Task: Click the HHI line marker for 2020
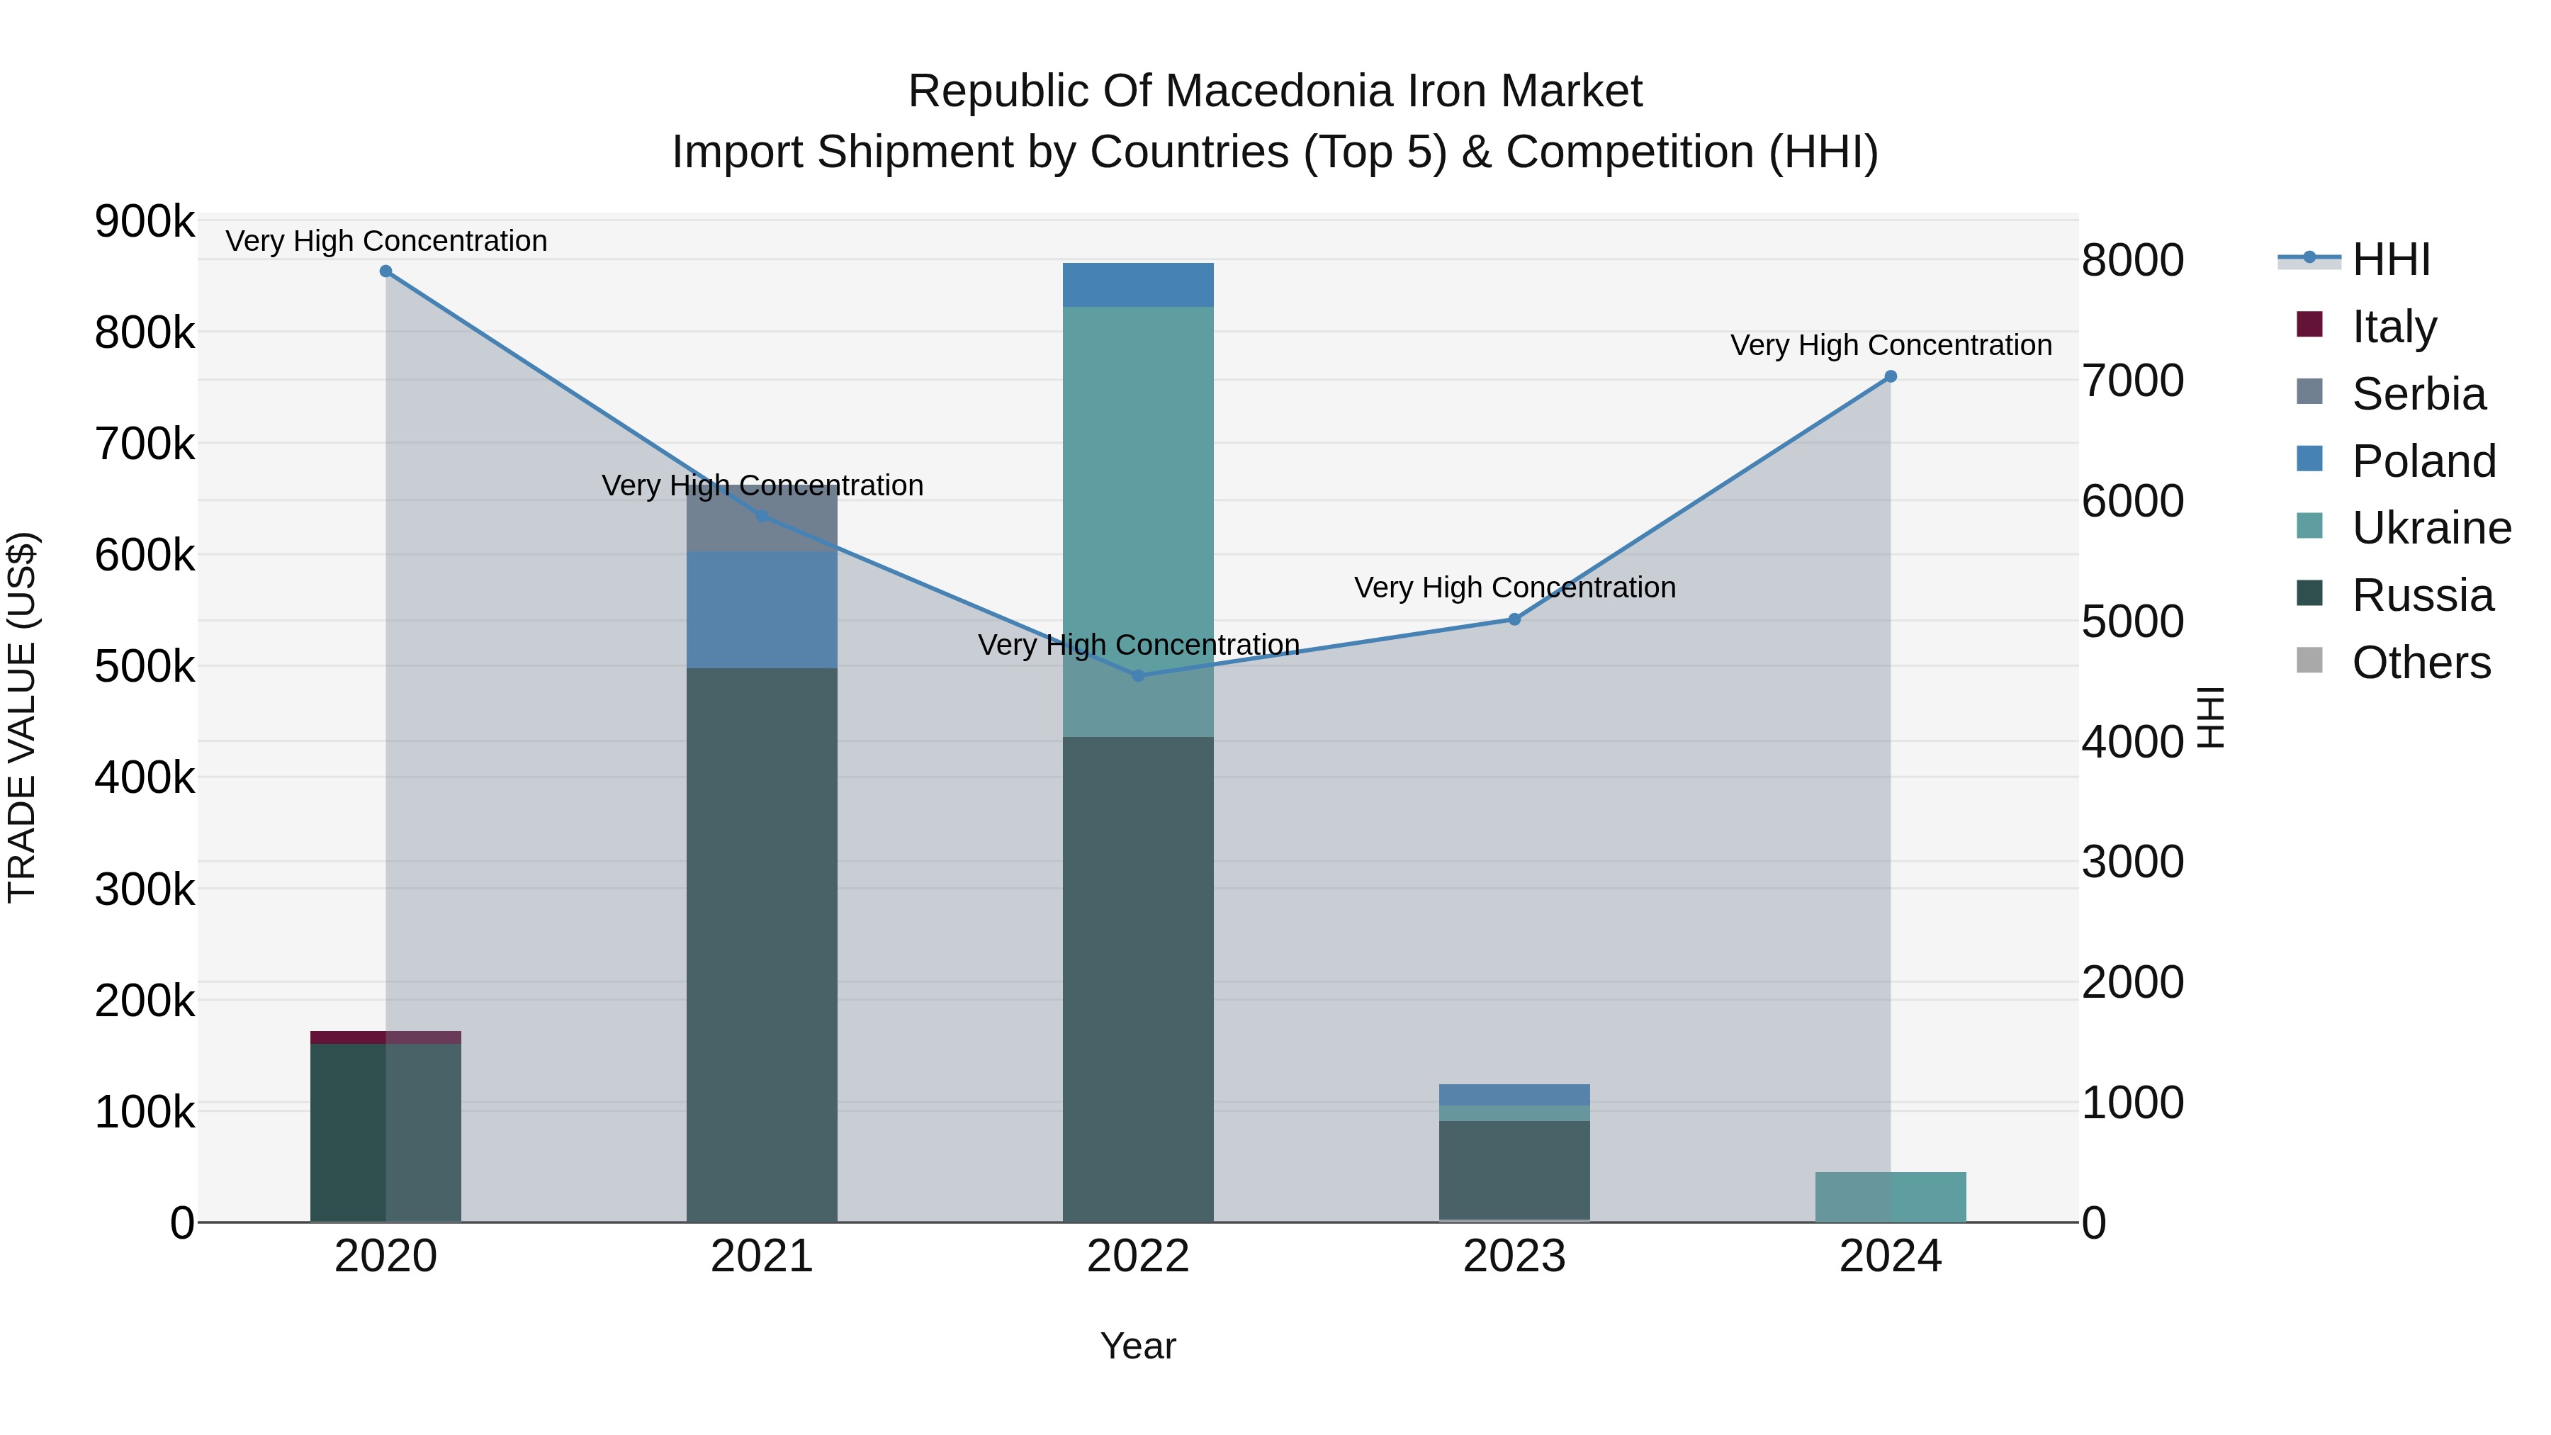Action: point(386,271)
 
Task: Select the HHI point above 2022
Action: point(1138,675)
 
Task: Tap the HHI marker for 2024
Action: point(1891,376)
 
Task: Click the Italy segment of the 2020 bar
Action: point(385,1037)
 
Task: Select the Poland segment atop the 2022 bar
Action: point(1138,285)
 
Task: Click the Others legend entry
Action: point(2421,663)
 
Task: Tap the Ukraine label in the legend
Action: point(2431,528)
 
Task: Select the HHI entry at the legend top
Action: point(2391,259)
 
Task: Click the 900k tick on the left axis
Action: point(145,221)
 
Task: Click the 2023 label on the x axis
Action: point(1514,1256)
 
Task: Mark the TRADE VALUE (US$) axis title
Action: point(22,717)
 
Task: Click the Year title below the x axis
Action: point(1138,1346)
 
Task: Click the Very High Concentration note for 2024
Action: point(1891,346)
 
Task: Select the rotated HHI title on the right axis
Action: point(2210,717)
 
